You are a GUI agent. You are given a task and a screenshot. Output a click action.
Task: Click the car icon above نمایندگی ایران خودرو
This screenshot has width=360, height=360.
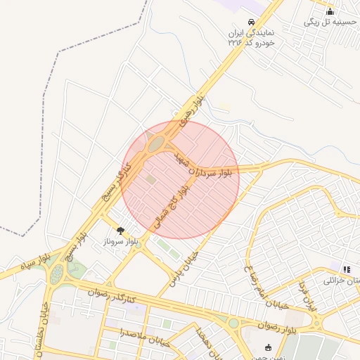[252, 21]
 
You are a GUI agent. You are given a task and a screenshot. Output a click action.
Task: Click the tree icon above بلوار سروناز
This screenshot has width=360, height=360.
[120, 230]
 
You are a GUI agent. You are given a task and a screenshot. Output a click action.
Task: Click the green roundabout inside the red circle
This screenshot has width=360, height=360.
[156, 144]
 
